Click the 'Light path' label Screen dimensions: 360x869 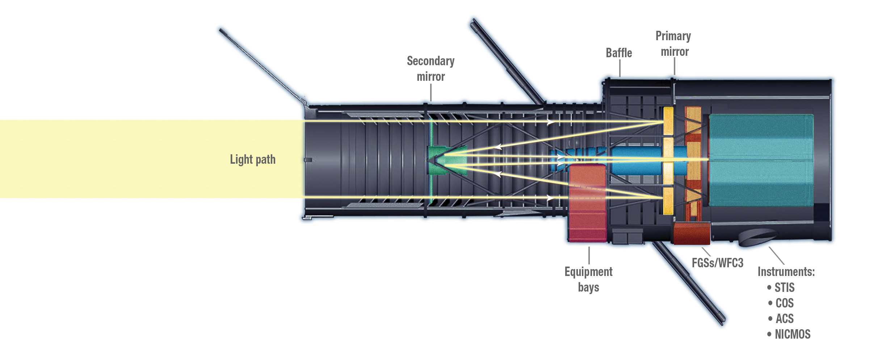pos(253,159)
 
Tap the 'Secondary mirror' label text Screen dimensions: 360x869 pos(431,68)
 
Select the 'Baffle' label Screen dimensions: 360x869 pos(619,53)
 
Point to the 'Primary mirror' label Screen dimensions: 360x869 pos(673,44)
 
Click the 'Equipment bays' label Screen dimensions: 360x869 pos(589,279)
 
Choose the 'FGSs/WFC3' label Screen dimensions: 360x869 pos(717,263)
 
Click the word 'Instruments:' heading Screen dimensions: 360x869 pos(786,272)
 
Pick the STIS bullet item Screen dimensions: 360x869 pos(784,288)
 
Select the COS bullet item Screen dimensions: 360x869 pos(784,303)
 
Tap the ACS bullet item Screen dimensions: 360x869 pos(784,319)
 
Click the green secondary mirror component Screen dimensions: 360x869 pos(438,160)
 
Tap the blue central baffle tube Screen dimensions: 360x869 pos(634,159)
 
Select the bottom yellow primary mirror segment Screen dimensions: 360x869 pos(668,201)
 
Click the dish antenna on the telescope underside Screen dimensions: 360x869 pos(757,237)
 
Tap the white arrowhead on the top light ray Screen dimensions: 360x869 pos(551,122)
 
